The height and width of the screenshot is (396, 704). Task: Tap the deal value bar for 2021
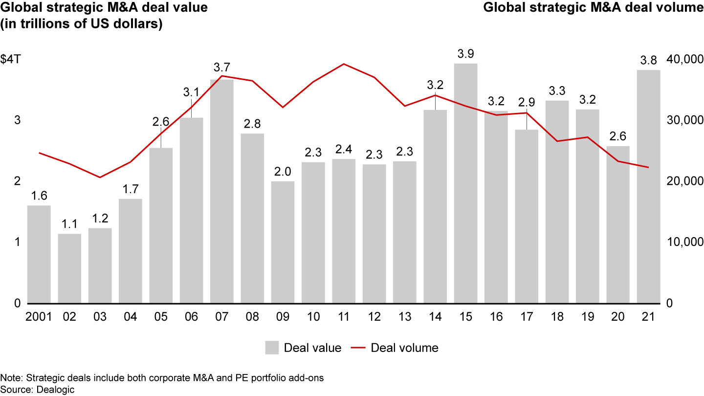(648, 186)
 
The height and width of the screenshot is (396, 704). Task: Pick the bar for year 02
(69, 268)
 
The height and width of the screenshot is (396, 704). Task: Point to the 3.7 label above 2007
(222, 66)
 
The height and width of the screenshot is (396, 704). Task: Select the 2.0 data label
(283, 171)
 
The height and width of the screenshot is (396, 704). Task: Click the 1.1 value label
(69, 223)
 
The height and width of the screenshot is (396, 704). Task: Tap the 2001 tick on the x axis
(39, 317)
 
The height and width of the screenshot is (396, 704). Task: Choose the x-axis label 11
(344, 317)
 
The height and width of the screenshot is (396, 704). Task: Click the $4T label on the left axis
(10, 59)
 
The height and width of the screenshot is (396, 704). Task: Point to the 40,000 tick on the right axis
(683, 59)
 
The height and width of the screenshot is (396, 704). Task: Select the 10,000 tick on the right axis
(683, 242)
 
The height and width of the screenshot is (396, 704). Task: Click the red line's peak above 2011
(344, 64)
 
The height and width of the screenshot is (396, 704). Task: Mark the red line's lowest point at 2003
(100, 177)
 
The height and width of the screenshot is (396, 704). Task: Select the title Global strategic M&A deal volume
(593, 8)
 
